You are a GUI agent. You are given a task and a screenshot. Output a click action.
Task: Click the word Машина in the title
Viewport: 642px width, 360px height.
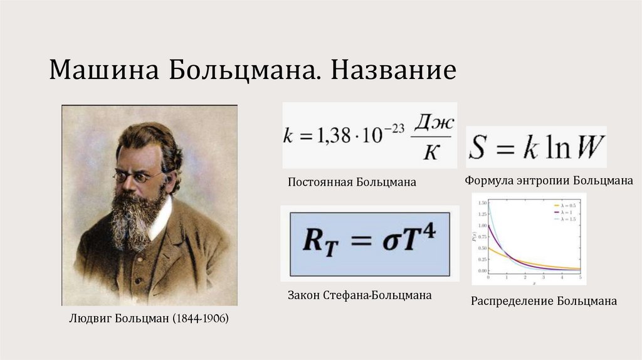pos(103,70)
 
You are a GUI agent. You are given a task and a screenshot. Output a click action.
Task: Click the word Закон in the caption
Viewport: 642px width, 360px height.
pos(305,294)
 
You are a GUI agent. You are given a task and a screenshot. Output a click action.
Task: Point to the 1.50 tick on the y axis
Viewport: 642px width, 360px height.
pos(481,203)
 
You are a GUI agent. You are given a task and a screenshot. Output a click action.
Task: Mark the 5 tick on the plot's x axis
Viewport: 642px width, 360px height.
pos(580,277)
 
